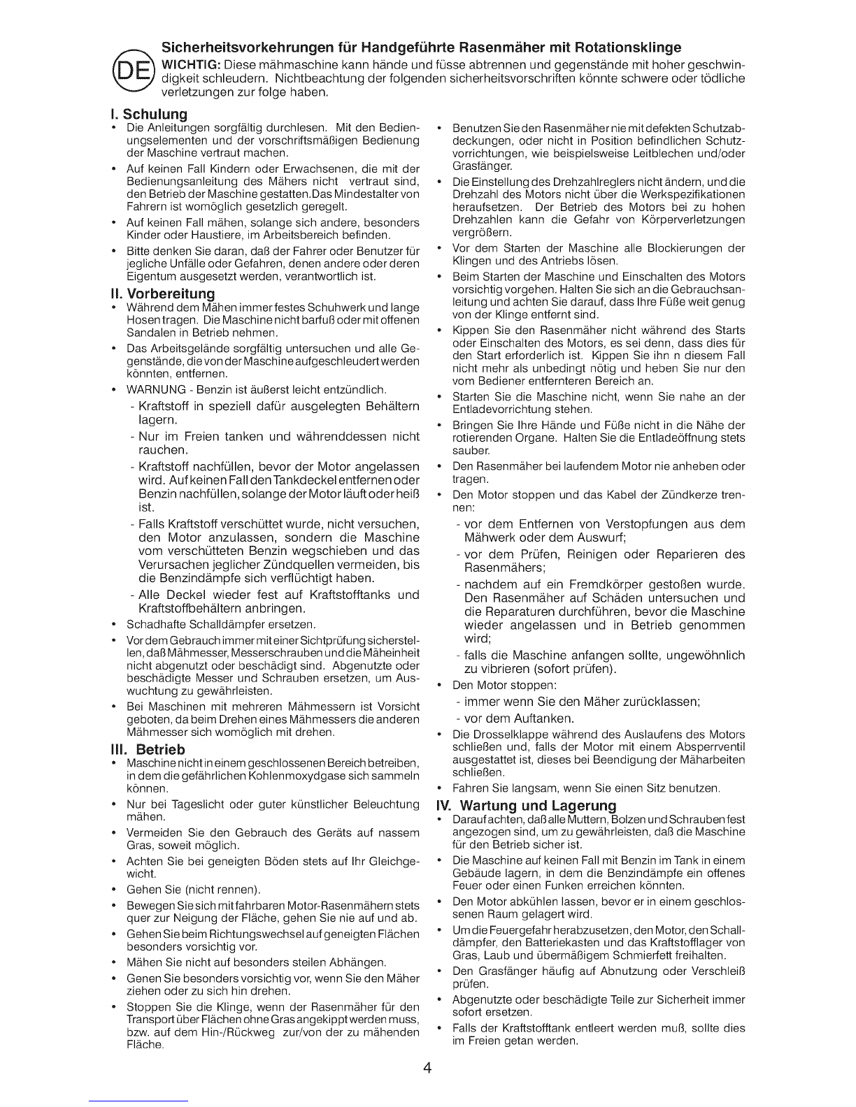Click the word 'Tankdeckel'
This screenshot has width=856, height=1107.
point(304,480)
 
